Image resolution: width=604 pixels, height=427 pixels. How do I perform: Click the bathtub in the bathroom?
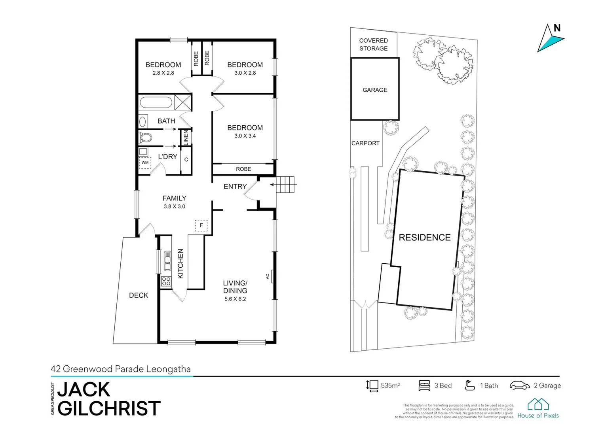(x=156, y=103)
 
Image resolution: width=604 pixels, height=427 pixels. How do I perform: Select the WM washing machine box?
(x=145, y=162)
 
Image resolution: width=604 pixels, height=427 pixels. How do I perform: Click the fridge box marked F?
(x=201, y=225)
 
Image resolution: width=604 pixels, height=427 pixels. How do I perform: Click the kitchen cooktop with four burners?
(x=166, y=282)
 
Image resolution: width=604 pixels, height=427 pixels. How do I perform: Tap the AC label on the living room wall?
(x=268, y=276)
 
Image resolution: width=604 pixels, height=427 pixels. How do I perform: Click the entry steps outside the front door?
(x=286, y=185)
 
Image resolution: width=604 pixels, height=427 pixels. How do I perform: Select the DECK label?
(x=139, y=295)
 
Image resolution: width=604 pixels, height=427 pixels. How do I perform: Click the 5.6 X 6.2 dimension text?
(x=235, y=299)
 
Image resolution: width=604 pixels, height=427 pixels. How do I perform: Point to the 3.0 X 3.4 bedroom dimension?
(x=245, y=136)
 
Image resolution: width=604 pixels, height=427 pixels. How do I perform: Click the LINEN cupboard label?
(x=186, y=137)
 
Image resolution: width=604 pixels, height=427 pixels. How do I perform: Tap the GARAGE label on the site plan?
(x=375, y=90)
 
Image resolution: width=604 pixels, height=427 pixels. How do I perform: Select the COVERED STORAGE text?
(x=373, y=44)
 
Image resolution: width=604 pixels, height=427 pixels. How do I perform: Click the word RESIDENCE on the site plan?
(x=424, y=237)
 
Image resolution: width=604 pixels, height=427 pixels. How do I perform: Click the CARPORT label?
(x=365, y=143)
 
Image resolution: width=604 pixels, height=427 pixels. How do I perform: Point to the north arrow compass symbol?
(x=549, y=38)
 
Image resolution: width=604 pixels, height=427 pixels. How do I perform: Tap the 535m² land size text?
(x=390, y=385)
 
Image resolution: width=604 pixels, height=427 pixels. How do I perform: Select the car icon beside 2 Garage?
(x=519, y=385)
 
